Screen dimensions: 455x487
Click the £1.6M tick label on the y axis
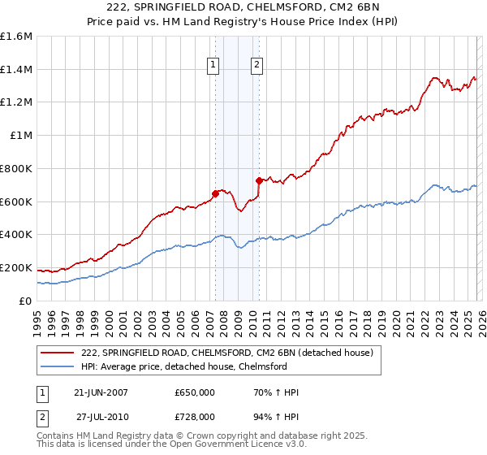click(16, 37)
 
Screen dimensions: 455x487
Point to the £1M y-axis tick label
click(20, 136)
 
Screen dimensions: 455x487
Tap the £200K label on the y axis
click(16, 267)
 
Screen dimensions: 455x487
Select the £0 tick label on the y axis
click(26, 301)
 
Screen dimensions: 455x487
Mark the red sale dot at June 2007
click(216, 193)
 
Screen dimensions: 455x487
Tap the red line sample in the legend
click(58, 353)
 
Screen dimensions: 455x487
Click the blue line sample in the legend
click(58, 366)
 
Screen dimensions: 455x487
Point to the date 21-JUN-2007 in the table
click(101, 392)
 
